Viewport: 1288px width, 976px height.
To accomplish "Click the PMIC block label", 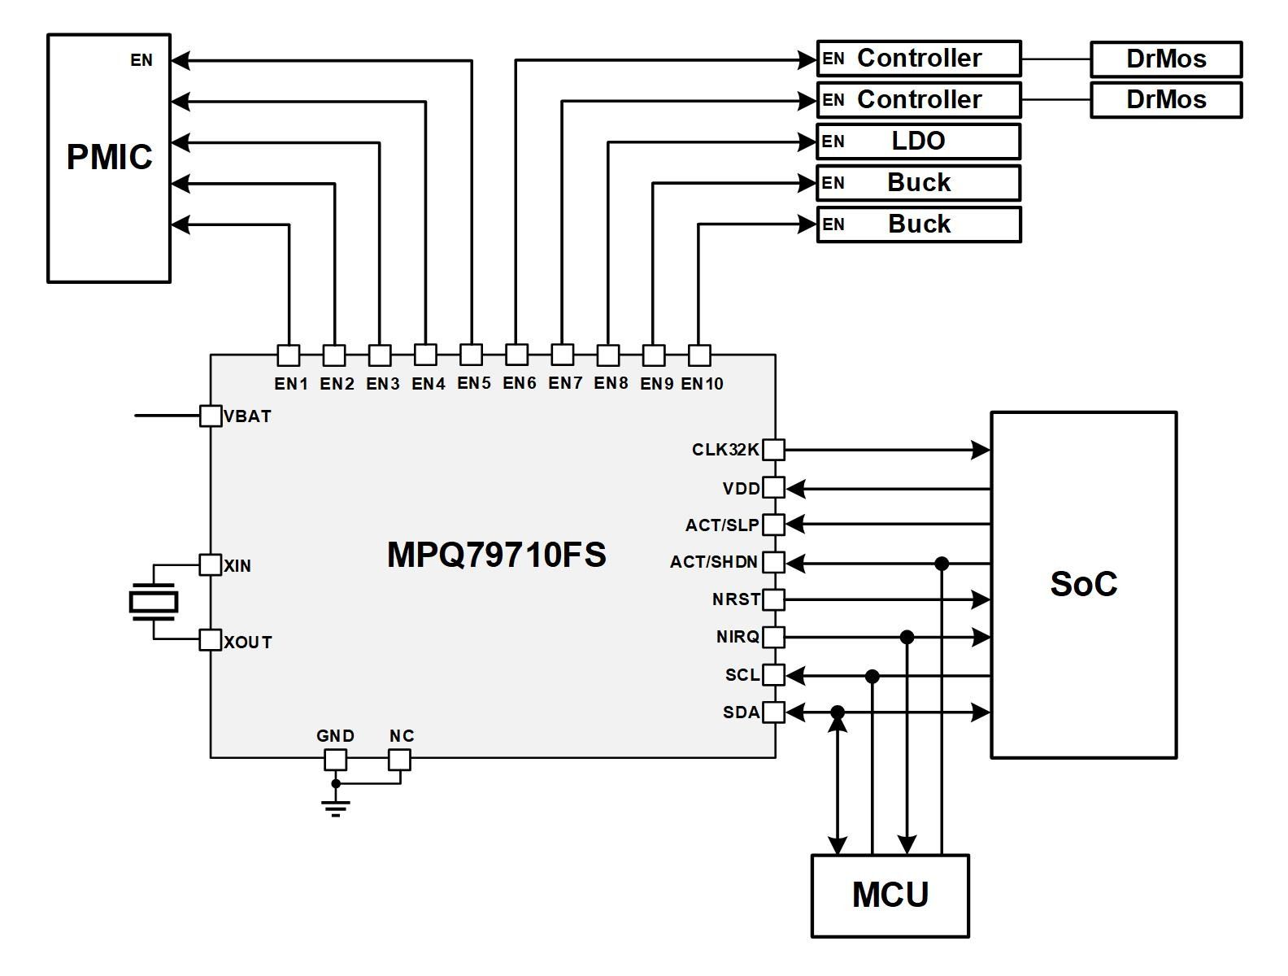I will (109, 157).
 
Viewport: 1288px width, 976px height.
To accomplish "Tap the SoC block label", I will (1083, 584).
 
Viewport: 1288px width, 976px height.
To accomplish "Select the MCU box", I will (890, 895).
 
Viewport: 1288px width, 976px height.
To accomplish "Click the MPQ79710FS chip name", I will (496, 555).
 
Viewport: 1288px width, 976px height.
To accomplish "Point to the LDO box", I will (918, 142).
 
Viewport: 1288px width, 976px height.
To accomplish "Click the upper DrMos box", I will (1165, 59).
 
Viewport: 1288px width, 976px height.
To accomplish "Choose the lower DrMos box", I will (1165, 100).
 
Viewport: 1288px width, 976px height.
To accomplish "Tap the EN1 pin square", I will (289, 355).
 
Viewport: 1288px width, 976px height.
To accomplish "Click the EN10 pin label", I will (702, 384).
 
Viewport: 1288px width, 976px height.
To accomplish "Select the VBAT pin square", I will (211, 416).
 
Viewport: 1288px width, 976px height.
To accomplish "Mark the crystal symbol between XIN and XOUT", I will (153, 603).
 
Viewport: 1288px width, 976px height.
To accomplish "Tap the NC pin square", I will (399, 760).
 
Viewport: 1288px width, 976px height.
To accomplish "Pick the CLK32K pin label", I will (725, 450).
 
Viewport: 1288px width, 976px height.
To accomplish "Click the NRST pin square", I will (773, 599).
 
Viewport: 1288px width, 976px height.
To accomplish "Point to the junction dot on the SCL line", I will (872, 676).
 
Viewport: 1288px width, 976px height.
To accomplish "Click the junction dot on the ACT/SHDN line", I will (942, 563).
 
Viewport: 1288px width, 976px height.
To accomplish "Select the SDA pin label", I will (741, 712).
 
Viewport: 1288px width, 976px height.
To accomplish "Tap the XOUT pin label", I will (248, 643).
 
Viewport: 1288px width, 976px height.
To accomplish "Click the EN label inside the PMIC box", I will (141, 60).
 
